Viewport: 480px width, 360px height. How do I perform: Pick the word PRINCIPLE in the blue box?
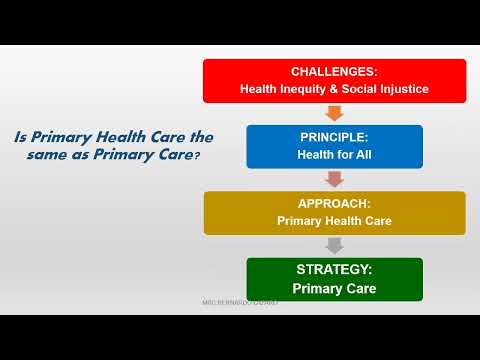click(x=334, y=138)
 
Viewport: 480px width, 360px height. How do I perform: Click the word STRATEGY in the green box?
click(x=334, y=270)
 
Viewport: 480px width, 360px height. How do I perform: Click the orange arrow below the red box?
click(x=334, y=112)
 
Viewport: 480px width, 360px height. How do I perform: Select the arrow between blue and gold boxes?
click(x=334, y=178)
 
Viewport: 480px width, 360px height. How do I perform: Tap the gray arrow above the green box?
click(x=334, y=244)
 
